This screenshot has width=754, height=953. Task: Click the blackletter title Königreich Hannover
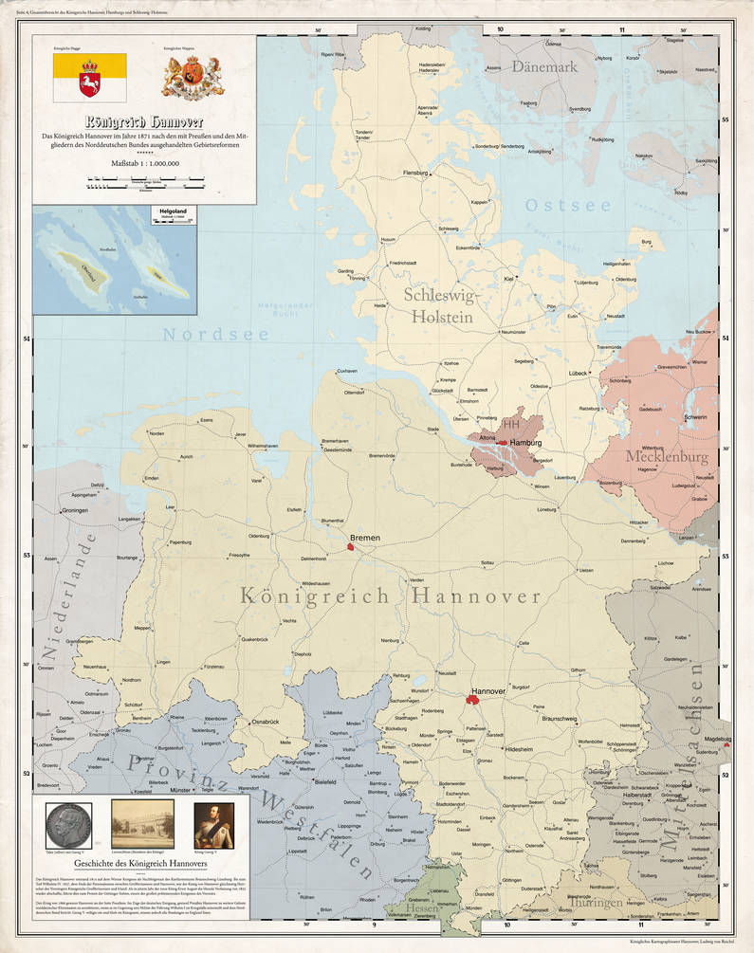click(x=144, y=123)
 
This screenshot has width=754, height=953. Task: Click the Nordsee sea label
click(x=202, y=334)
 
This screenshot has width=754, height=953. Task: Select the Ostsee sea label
click(x=568, y=206)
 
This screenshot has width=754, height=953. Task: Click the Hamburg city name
click(x=524, y=443)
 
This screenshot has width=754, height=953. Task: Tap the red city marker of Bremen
click(x=352, y=547)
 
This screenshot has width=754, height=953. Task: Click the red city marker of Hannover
click(x=472, y=700)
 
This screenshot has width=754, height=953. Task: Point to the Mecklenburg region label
click(x=666, y=457)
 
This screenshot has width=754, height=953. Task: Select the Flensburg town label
click(x=415, y=174)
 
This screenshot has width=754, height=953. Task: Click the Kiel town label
click(x=508, y=279)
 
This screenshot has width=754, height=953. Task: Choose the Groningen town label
click(x=81, y=511)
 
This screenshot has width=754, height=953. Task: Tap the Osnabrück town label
click(x=265, y=724)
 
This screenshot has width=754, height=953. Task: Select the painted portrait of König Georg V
click(x=213, y=824)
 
